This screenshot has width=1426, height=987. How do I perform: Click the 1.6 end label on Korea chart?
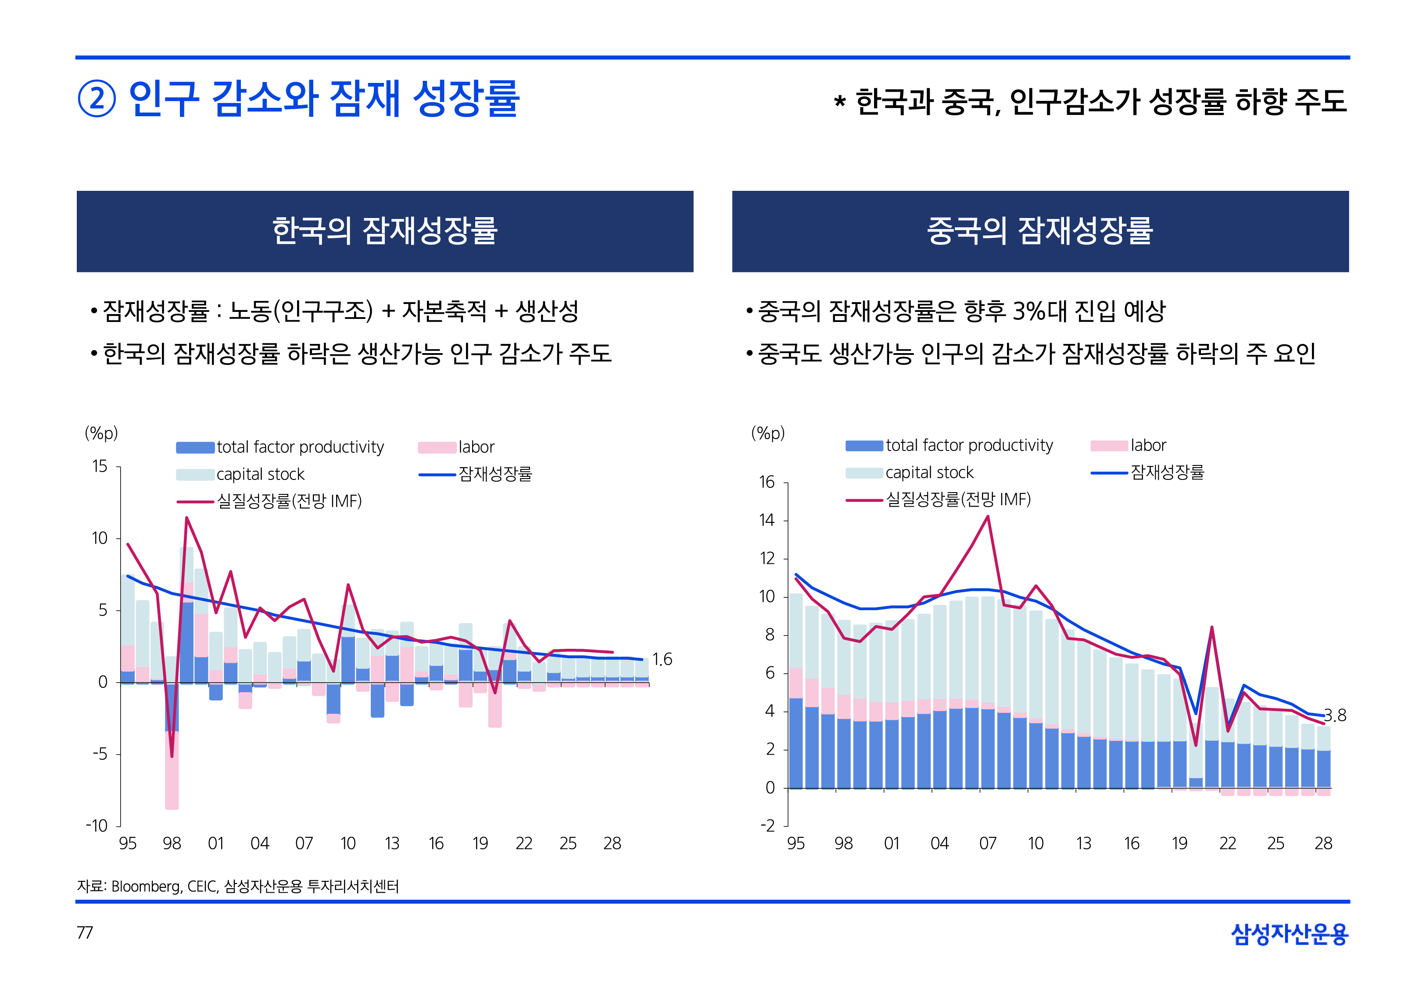tap(662, 659)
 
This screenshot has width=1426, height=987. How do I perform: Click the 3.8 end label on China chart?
tap(1334, 715)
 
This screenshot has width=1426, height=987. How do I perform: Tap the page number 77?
tap(85, 933)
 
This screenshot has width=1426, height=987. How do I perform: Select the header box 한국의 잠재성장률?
tap(385, 231)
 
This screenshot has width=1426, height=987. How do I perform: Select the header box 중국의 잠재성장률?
tap(1040, 231)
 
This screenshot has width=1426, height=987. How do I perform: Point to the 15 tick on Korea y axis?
tap(100, 466)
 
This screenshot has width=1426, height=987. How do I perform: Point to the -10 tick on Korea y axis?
tap(97, 826)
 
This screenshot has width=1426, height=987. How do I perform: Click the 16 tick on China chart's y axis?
tap(767, 483)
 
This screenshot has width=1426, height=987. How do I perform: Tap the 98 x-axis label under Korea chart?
tap(172, 844)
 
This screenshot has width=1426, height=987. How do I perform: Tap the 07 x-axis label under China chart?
tap(988, 844)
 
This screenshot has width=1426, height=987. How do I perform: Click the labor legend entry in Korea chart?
tap(476, 447)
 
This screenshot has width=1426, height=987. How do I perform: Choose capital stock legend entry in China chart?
tap(929, 472)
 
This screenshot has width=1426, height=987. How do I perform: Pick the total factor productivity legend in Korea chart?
tap(300, 447)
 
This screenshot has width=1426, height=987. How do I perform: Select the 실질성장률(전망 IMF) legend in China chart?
tap(958, 500)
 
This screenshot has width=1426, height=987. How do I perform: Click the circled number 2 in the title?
tap(97, 99)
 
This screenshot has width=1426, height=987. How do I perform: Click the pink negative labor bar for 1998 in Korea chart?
tap(172, 773)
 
